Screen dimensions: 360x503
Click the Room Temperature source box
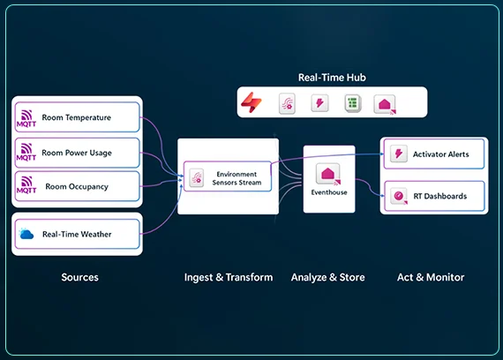point(77,116)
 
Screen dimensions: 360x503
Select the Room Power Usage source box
point(77,153)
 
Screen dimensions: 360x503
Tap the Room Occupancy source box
point(77,187)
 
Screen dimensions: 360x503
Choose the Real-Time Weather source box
point(77,234)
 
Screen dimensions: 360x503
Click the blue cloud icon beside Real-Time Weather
point(26,234)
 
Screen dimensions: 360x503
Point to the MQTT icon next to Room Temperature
point(26,116)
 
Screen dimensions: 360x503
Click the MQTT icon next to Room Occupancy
point(26,187)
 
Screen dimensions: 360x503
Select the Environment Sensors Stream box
point(228,176)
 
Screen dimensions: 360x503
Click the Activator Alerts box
point(434,154)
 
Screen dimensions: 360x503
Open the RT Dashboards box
point(434,196)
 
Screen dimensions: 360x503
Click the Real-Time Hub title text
point(332,78)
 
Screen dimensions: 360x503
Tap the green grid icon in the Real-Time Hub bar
point(352,103)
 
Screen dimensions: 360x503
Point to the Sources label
point(79,277)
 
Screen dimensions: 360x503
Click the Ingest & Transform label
point(229,277)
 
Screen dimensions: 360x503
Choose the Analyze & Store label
point(328,277)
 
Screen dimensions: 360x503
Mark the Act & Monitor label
point(430,277)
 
